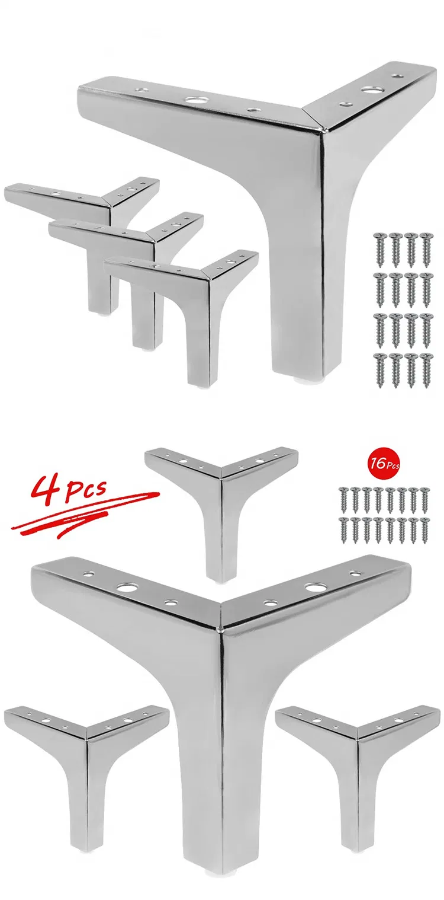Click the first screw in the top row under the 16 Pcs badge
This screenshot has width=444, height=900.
pyautogui.click(x=342, y=496)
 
